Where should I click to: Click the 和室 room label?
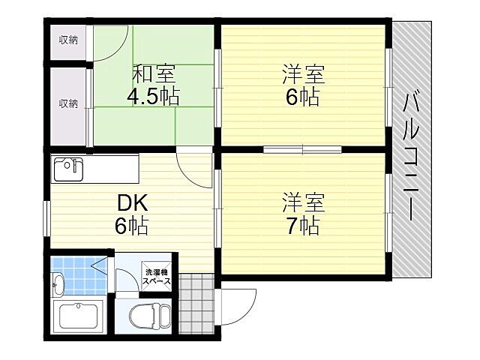pos(154,75)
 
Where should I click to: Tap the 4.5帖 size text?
pos(153,97)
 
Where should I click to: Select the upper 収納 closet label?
pos(69,40)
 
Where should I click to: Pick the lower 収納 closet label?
pos(69,103)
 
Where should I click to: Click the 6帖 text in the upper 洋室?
pos(302,97)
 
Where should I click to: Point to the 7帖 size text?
pos(302,225)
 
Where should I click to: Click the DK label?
pos(132,202)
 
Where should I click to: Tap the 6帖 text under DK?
pos(132,225)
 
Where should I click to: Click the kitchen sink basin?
pos(67,169)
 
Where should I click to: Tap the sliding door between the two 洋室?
pos(302,149)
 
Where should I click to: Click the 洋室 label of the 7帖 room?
pos(302,202)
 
